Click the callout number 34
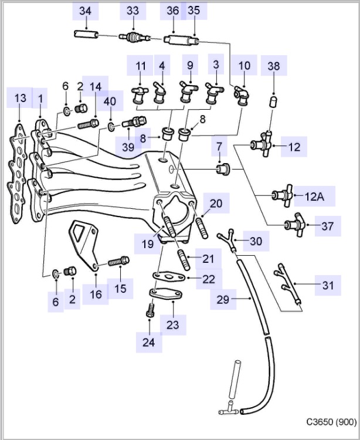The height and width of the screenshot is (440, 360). [x=85, y=11]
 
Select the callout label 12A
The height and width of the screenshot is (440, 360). [x=314, y=197]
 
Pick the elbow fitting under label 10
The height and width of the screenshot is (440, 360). [x=241, y=94]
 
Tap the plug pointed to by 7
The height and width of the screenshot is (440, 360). [x=221, y=170]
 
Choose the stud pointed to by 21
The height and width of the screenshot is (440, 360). [x=181, y=256]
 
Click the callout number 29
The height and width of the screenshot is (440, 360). [x=222, y=300]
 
